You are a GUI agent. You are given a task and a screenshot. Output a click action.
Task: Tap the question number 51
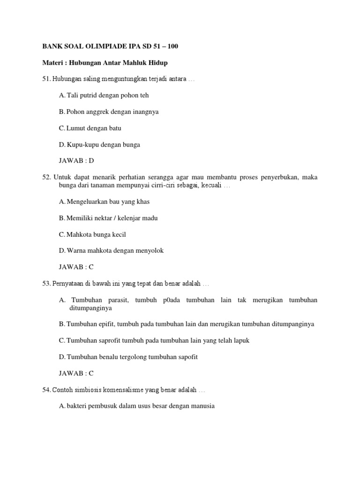[x=46, y=79]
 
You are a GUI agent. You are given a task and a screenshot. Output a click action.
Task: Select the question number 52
[x=46, y=177]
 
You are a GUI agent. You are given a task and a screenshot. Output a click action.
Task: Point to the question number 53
[x=46, y=284]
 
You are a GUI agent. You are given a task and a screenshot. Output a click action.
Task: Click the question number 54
[x=46, y=390]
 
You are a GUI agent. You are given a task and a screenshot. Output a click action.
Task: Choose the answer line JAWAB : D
[x=76, y=161]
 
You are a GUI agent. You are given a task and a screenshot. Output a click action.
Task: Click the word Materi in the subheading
[x=53, y=63]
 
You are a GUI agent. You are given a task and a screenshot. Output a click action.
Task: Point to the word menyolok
[x=149, y=251]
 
